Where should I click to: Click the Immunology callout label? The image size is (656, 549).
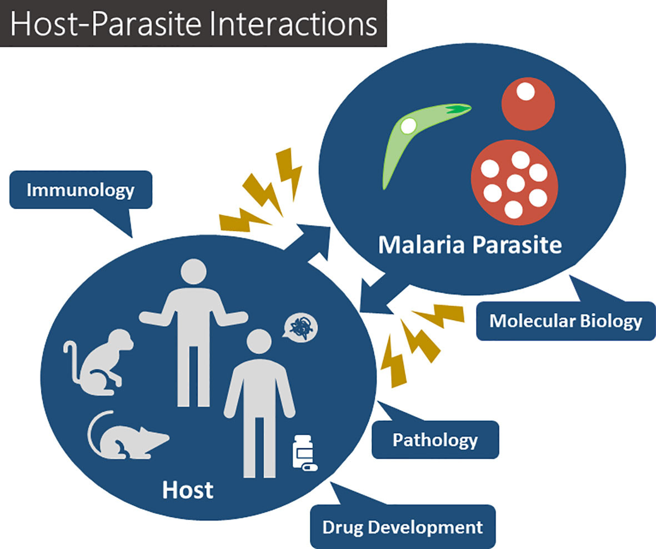tap(81, 190)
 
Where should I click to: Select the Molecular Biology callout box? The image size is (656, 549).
tap(565, 321)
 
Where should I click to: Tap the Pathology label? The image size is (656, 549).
tap(435, 440)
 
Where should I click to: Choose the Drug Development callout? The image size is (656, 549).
tap(403, 526)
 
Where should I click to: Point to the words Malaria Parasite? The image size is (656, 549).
tap(470, 244)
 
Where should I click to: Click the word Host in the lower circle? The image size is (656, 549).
tap(187, 490)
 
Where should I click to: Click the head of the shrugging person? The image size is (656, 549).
tap(193, 273)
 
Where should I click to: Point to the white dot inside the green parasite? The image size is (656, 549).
tap(408, 126)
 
